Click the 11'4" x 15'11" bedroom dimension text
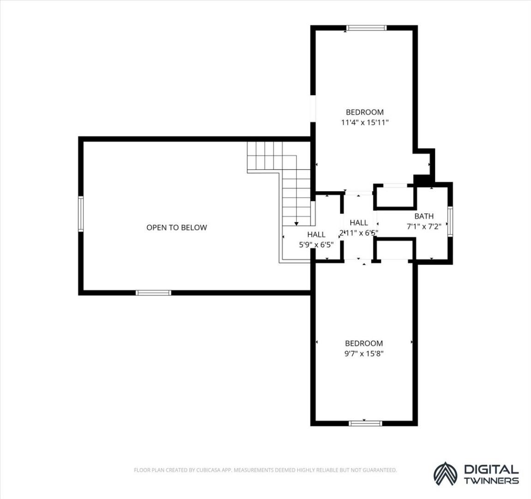coord(364,122)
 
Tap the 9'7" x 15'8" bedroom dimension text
coord(364,353)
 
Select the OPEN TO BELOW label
coord(176,227)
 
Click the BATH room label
coord(424,216)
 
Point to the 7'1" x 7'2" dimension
coord(424,227)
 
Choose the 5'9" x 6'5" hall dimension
coord(316,244)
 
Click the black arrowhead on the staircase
coord(296,224)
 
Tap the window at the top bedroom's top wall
coord(366,28)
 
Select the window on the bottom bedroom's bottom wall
coord(365,423)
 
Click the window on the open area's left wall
coord(81,214)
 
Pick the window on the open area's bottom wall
coord(153,292)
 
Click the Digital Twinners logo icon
coord(446,474)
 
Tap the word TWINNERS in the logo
coord(491,481)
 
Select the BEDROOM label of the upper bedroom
coord(365,112)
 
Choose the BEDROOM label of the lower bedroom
coord(364,343)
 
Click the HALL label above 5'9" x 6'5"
coord(316,234)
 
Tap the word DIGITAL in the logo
coord(491,469)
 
